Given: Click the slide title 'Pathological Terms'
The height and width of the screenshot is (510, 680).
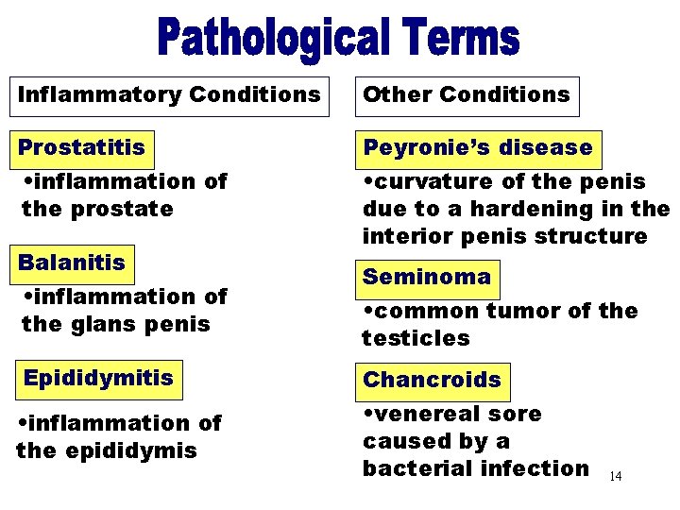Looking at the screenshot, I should pyautogui.click(x=339, y=39).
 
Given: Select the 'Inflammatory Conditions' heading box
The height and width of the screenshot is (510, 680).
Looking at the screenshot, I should pyautogui.click(x=170, y=95).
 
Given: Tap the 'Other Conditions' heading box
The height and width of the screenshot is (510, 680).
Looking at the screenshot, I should pyautogui.click(x=467, y=95).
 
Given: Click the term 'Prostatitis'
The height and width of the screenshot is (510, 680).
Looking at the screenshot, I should pyautogui.click(x=82, y=148).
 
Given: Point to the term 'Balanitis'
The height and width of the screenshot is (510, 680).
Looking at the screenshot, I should pyautogui.click(x=72, y=263).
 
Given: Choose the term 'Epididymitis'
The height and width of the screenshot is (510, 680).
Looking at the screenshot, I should pyautogui.click(x=98, y=379).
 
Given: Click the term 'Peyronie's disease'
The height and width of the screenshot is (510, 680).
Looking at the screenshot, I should pyautogui.click(x=478, y=148).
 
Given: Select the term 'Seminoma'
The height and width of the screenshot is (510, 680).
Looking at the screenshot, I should pyautogui.click(x=427, y=278).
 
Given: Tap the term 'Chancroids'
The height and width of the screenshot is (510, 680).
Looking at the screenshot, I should pyautogui.click(x=432, y=380).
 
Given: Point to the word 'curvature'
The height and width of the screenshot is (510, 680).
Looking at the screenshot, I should pyautogui.click(x=430, y=181).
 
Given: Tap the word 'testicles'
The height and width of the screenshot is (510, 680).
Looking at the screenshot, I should pyautogui.click(x=415, y=338).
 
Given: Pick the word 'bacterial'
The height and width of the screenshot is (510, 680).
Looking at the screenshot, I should pyautogui.click(x=416, y=467).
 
